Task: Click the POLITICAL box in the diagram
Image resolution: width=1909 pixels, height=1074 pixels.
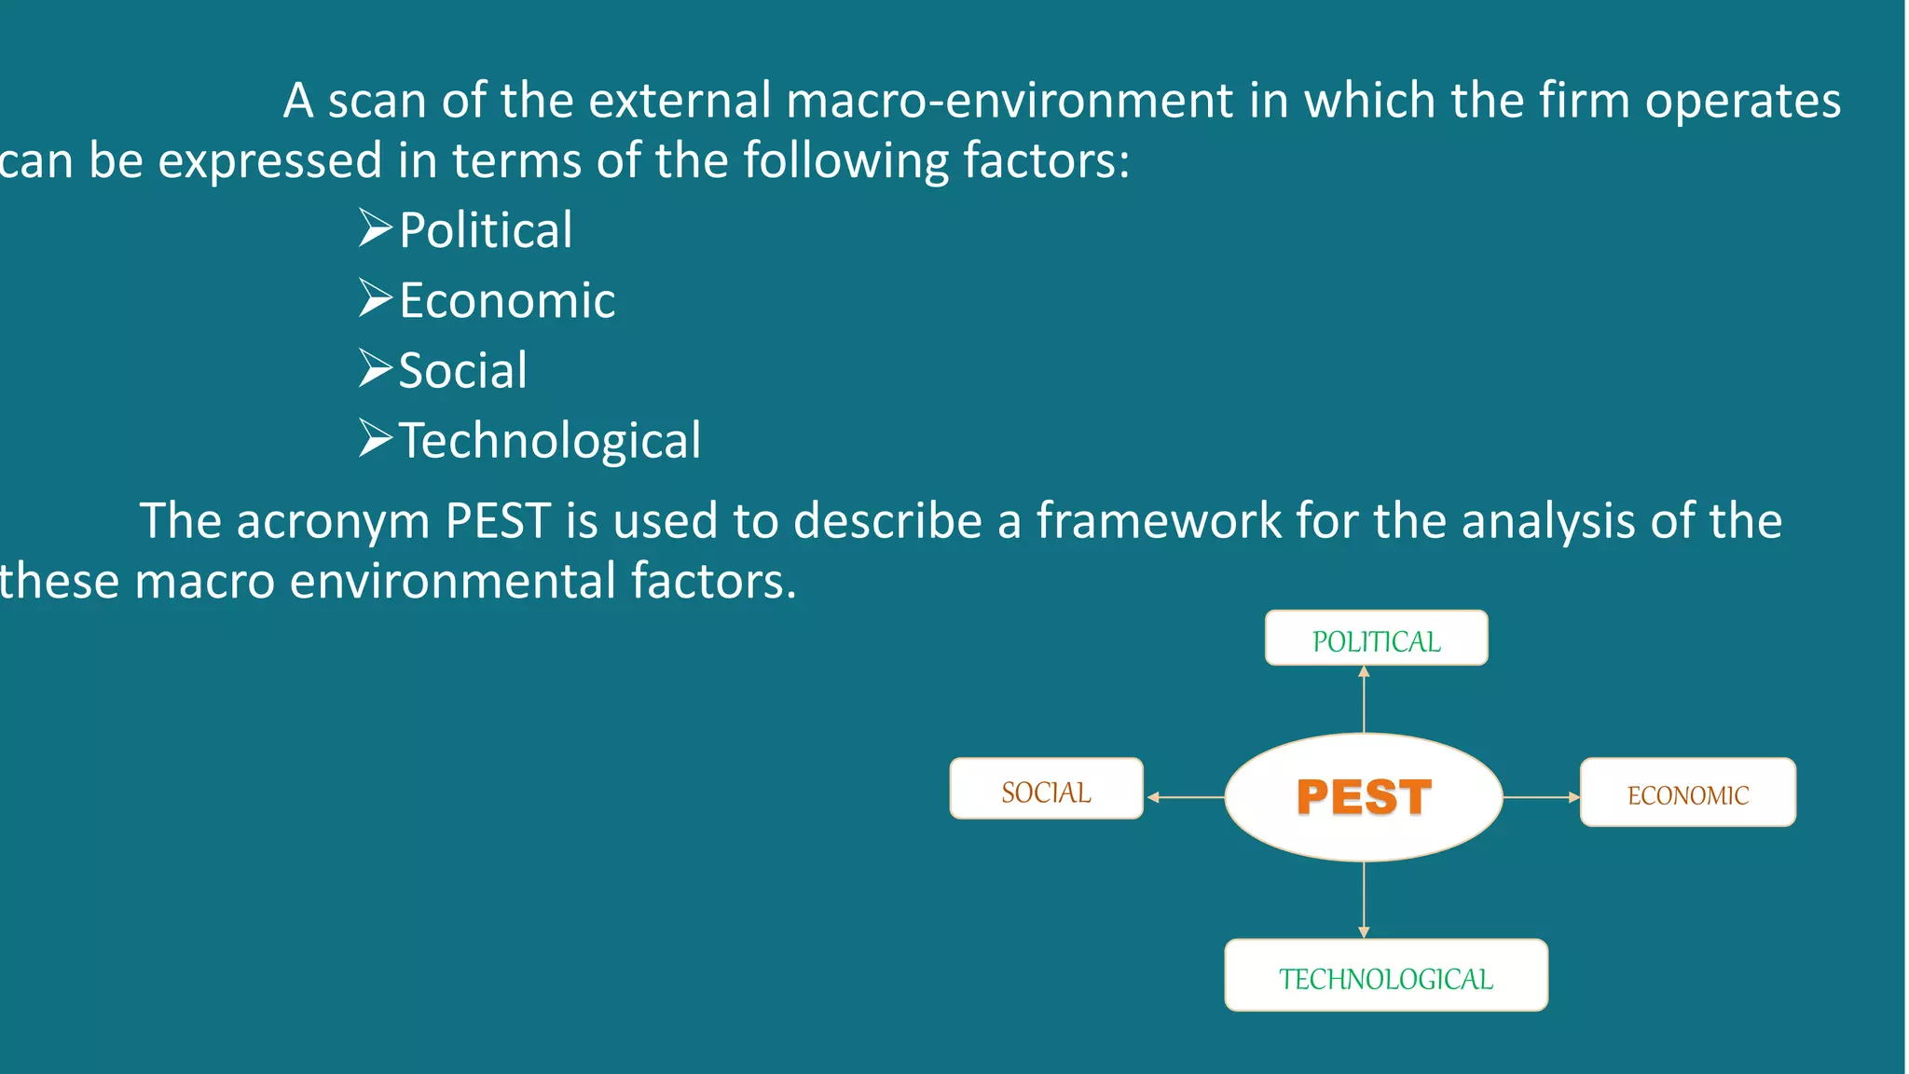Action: tap(1376, 639)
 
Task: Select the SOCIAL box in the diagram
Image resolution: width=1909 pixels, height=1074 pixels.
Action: tap(1046, 790)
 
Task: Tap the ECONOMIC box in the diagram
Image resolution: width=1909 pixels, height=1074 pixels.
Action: tap(1687, 792)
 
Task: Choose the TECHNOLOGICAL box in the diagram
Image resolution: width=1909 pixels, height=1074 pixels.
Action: tap(1385, 975)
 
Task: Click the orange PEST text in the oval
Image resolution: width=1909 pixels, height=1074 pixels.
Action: tap(1364, 797)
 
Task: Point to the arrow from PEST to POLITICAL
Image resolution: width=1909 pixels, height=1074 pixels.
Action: tap(1364, 699)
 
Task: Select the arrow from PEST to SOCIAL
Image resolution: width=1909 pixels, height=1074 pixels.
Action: tap(1186, 797)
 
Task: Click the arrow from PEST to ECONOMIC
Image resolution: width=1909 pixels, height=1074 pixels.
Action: tap(1541, 797)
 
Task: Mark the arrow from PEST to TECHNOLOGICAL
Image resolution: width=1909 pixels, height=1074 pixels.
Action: tap(1364, 900)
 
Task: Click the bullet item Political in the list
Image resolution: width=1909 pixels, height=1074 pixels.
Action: tap(486, 230)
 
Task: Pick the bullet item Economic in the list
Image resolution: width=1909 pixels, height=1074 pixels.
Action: tap(507, 300)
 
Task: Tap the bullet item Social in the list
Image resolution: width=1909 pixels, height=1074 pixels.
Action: tap(463, 370)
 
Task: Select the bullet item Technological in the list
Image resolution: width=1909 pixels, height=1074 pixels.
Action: tap(550, 440)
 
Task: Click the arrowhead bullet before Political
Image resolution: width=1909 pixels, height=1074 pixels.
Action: tap(376, 228)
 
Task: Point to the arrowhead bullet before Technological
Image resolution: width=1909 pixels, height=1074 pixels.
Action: tap(376, 438)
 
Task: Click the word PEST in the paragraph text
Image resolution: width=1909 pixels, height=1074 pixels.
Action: tap(498, 521)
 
